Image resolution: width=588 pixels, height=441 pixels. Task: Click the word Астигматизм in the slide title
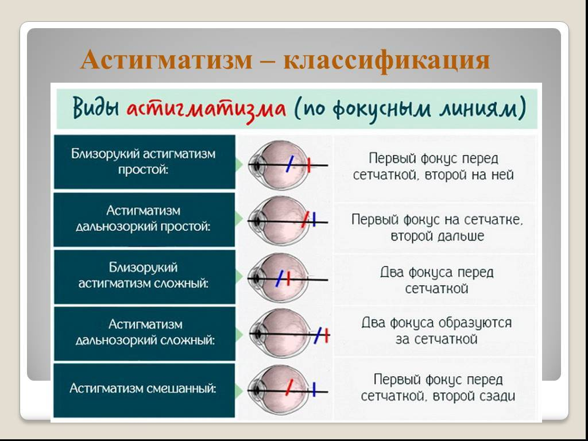(x=166, y=60)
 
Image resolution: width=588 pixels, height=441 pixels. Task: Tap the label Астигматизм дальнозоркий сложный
(x=145, y=332)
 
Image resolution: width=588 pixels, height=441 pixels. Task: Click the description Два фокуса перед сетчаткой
(x=436, y=280)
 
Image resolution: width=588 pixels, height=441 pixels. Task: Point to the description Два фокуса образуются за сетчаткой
(x=436, y=331)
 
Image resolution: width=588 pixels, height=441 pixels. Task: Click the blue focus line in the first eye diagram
(x=291, y=164)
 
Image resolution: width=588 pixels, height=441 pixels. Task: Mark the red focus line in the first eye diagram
(x=308, y=165)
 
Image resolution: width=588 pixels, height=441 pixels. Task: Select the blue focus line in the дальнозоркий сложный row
(x=317, y=334)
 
